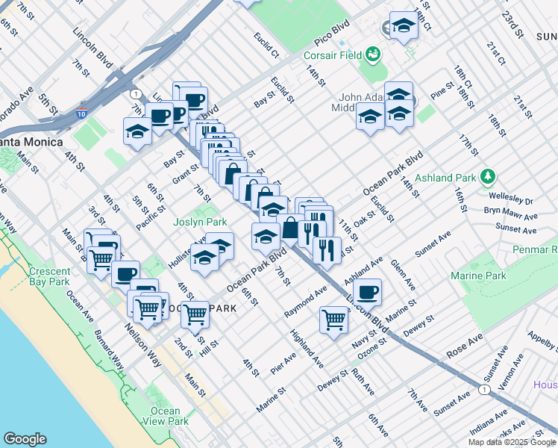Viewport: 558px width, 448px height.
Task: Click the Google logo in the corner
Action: click(x=25, y=439)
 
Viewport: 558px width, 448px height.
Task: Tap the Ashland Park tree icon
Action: click(x=488, y=177)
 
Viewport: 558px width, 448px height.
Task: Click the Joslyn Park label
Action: click(x=200, y=222)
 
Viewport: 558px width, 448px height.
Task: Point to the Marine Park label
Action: click(x=478, y=276)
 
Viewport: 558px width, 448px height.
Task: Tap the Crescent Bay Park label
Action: click(x=48, y=276)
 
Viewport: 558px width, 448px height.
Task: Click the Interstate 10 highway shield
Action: click(x=81, y=116)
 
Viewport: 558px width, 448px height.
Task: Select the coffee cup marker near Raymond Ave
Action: click(x=367, y=291)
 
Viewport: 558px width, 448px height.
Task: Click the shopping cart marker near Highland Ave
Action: click(x=333, y=320)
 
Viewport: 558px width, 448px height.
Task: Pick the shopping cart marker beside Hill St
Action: click(x=195, y=314)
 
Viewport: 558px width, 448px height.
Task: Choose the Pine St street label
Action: click(x=442, y=93)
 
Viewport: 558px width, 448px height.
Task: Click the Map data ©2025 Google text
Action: click(x=512, y=442)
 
